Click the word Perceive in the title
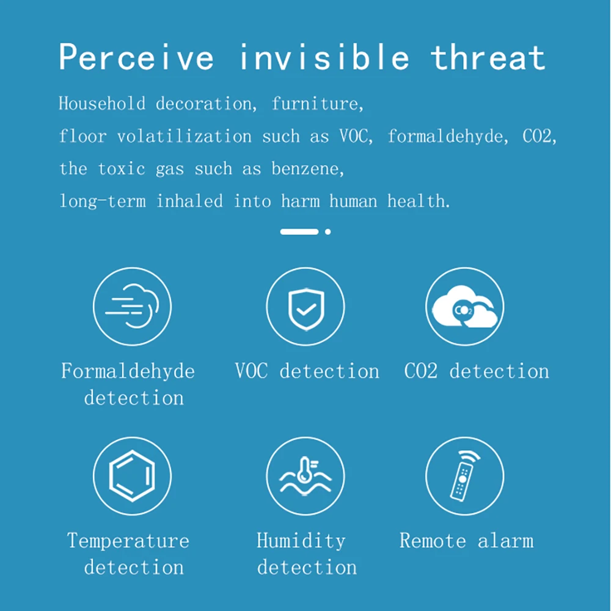click(136, 57)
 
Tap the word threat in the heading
click(488, 57)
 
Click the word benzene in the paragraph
click(307, 169)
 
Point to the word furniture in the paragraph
click(317, 104)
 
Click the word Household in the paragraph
click(102, 104)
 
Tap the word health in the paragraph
click(419, 201)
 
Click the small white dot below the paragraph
click(328, 232)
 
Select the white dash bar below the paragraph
click(299, 232)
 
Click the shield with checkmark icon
click(306, 310)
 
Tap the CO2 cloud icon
click(465, 307)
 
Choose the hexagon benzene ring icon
click(132, 476)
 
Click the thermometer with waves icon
click(305, 476)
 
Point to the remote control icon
click(464, 476)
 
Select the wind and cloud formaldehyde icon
click(132, 307)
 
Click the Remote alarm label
click(466, 541)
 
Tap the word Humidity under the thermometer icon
click(301, 541)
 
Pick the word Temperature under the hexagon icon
click(128, 541)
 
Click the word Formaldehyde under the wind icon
click(128, 371)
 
